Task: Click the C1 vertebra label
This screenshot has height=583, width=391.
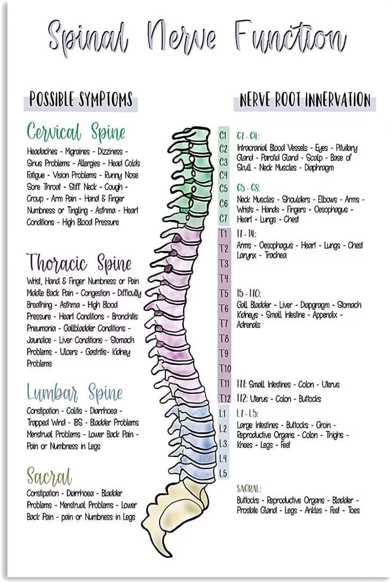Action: [x=224, y=135]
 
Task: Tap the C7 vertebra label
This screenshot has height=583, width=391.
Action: [x=224, y=218]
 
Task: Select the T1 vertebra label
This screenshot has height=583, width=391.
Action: [x=224, y=233]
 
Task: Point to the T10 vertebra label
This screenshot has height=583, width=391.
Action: [x=225, y=368]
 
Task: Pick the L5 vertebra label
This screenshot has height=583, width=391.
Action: [x=224, y=473]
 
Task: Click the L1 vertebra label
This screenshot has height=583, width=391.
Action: [x=224, y=413]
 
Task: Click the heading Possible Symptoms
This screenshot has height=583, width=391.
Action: [x=80, y=99]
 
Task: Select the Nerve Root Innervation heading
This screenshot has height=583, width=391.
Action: [x=305, y=99]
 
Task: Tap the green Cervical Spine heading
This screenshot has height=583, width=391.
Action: [x=76, y=132]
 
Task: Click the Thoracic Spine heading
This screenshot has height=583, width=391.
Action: [x=79, y=262]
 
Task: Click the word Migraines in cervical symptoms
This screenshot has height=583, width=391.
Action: [x=77, y=152]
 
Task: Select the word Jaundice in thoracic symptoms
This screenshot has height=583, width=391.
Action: [x=39, y=340]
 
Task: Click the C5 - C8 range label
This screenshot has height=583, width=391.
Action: [x=248, y=188]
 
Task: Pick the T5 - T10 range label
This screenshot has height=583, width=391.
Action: [x=249, y=293]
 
